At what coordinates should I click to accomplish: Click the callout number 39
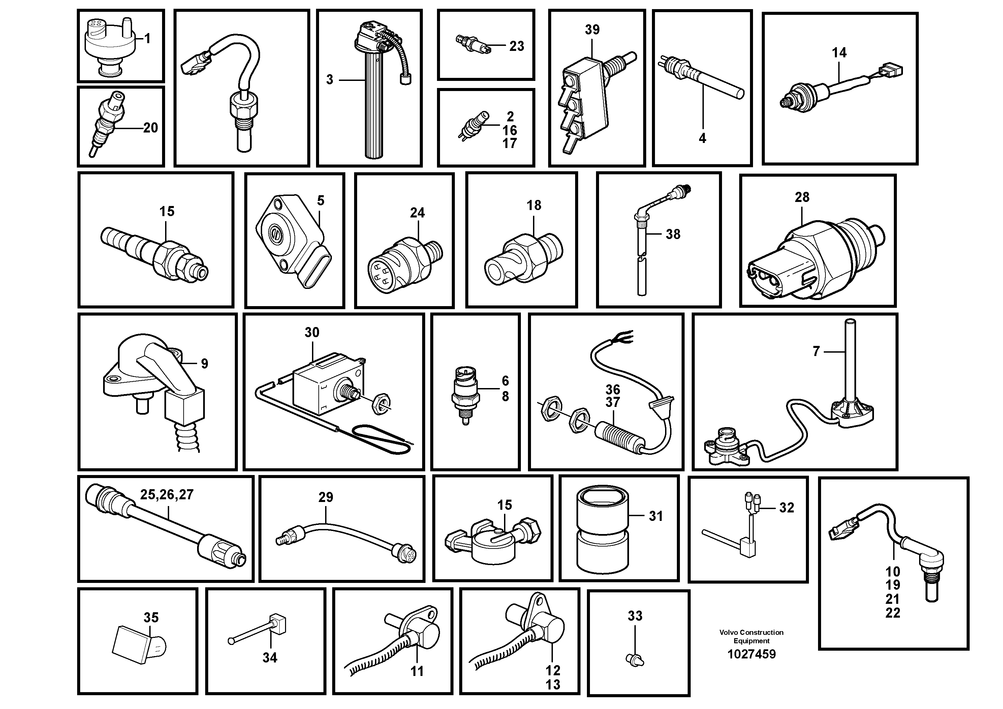point(592,30)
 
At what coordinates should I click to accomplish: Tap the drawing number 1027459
point(751,654)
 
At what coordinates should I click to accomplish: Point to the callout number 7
point(816,351)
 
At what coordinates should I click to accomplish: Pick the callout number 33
point(635,616)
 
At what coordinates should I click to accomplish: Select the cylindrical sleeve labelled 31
point(602,530)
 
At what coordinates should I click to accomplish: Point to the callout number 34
point(270,657)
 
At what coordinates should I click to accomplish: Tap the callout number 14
point(839,53)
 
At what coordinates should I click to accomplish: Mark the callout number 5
point(321,201)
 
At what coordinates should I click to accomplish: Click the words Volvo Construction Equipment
point(751,637)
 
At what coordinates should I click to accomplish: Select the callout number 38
point(673,234)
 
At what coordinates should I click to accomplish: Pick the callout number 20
point(150,128)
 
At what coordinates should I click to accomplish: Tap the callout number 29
point(325,497)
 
